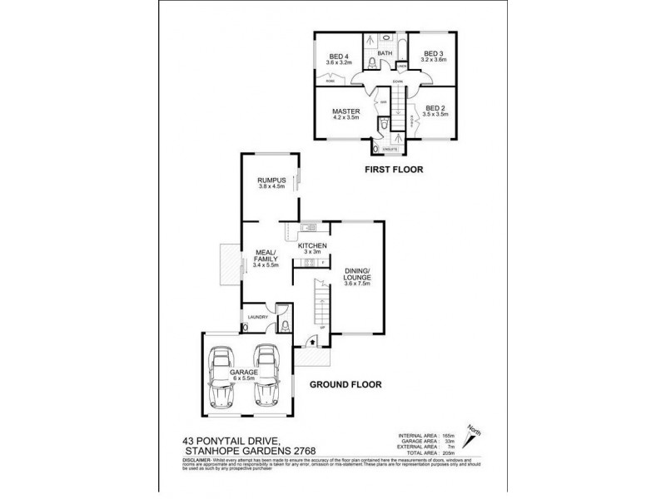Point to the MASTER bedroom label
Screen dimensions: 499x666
click(x=345, y=111)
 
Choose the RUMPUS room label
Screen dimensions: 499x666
click(x=271, y=180)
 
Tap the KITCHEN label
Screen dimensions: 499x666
click(x=311, y=246)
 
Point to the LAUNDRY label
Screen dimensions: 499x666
click(x=256, y=317)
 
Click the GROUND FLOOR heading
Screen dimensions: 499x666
click(x=345, y=385)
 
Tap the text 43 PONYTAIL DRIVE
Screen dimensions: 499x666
click(x=229, y=442)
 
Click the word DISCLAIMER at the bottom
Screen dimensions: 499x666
click(x=200, y=460)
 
